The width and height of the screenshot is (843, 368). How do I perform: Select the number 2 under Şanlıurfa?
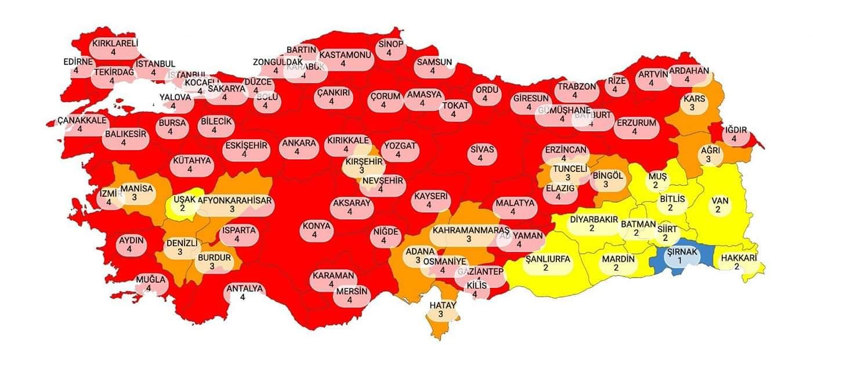(x=545, y=268)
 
